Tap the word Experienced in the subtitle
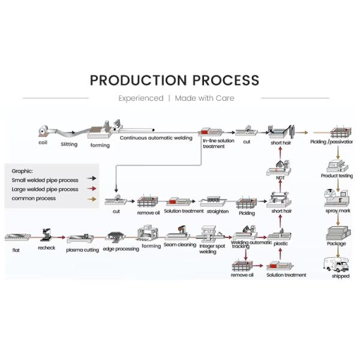click(x=140, y=98)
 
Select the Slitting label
click(x=69, y=144)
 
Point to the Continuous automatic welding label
click(x=156, y=138)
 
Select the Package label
click(x=337, y=244)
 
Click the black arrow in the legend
click(x=91, y=178)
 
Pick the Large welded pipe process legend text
click(x=45, y=189)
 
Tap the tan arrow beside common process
click(x=91, y=198)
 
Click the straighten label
click(x=218, y=211)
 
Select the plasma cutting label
click(x=83, y=250)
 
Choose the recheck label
click(x=47, y=247)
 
